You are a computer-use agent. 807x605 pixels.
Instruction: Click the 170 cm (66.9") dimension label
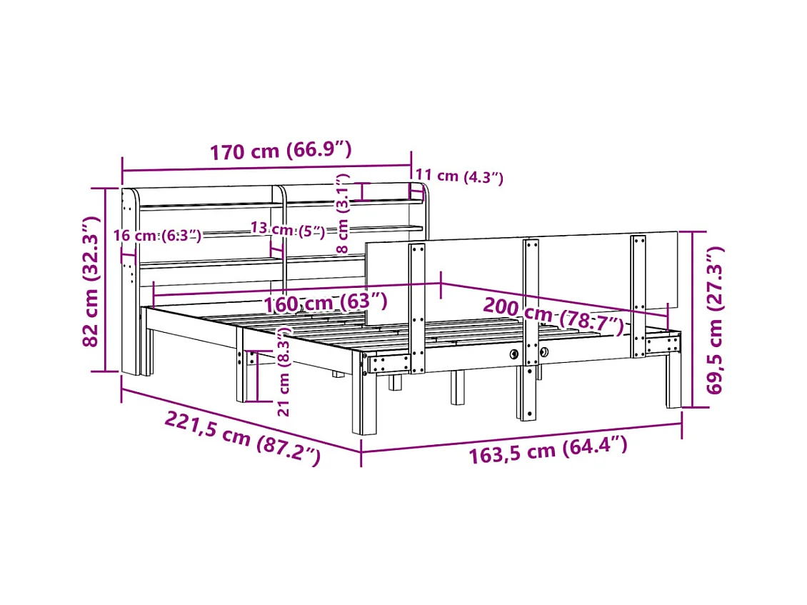pyautogui.click(x=281, y=150)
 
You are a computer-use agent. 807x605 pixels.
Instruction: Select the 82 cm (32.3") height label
pyautogui.click(x=90, y=281)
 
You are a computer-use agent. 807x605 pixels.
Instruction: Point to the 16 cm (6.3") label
pyautogui.click(x=158, y=235)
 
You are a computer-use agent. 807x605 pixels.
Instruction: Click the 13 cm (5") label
pyautogui.click(x=289, y=229)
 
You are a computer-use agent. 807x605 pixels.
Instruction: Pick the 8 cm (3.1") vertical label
pyautogui.click(x=342, y=214)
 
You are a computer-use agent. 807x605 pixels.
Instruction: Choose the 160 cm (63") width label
pyautogui.click(x=326, y=302)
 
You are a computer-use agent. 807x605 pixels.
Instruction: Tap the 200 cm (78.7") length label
pyautogui.click(x=553, y=314)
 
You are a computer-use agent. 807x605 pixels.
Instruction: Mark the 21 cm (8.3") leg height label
pyautogui.click(x=284, y=371)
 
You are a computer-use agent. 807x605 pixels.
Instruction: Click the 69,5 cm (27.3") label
pyautogui.click(x=714, y=320)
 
